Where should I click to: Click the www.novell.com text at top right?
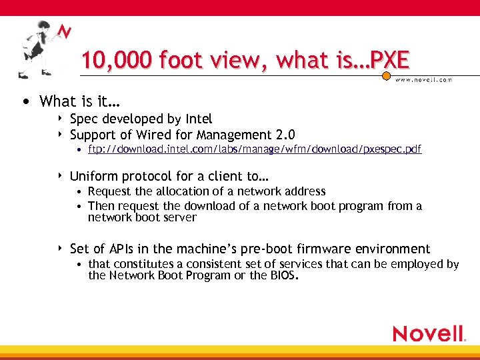(424, 79)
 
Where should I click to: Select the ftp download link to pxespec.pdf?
(255, 149)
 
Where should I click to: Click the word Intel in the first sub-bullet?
(198, 119)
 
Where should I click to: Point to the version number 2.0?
(286, 134)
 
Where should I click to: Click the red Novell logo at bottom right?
(429, 333)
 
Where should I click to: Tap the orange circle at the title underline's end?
(386, 77)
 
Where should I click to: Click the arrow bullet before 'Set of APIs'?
(61, 249)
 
